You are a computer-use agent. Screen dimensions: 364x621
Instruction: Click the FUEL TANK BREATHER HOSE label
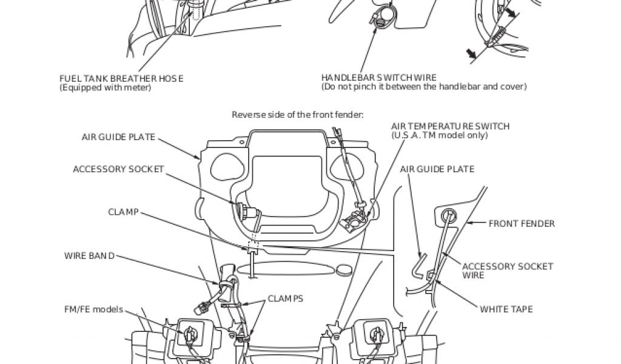(121, 78)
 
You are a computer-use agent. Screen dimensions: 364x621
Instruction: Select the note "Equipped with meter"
(105, 87)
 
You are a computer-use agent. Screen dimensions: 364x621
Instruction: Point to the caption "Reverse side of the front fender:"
(297, 114)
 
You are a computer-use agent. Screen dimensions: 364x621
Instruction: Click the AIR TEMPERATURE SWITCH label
(450, 126)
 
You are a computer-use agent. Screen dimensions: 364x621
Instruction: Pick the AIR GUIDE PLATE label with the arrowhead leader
(119, 136)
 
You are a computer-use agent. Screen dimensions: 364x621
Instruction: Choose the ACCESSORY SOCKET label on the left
(118, 169)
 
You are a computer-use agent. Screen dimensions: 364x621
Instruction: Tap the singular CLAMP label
(123, 212)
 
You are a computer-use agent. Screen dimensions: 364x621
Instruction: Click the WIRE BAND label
(89, 255)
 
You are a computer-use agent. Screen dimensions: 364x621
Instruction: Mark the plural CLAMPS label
(286, 298)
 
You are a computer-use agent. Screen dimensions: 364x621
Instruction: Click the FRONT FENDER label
(522, 223)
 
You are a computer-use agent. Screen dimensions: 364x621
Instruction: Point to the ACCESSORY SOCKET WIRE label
(507, 271)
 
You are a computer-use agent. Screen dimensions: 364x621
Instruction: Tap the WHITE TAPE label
(506, 309)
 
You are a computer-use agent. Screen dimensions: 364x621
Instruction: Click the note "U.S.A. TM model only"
(439, 135)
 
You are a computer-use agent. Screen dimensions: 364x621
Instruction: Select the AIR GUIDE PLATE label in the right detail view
(437, 169)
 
